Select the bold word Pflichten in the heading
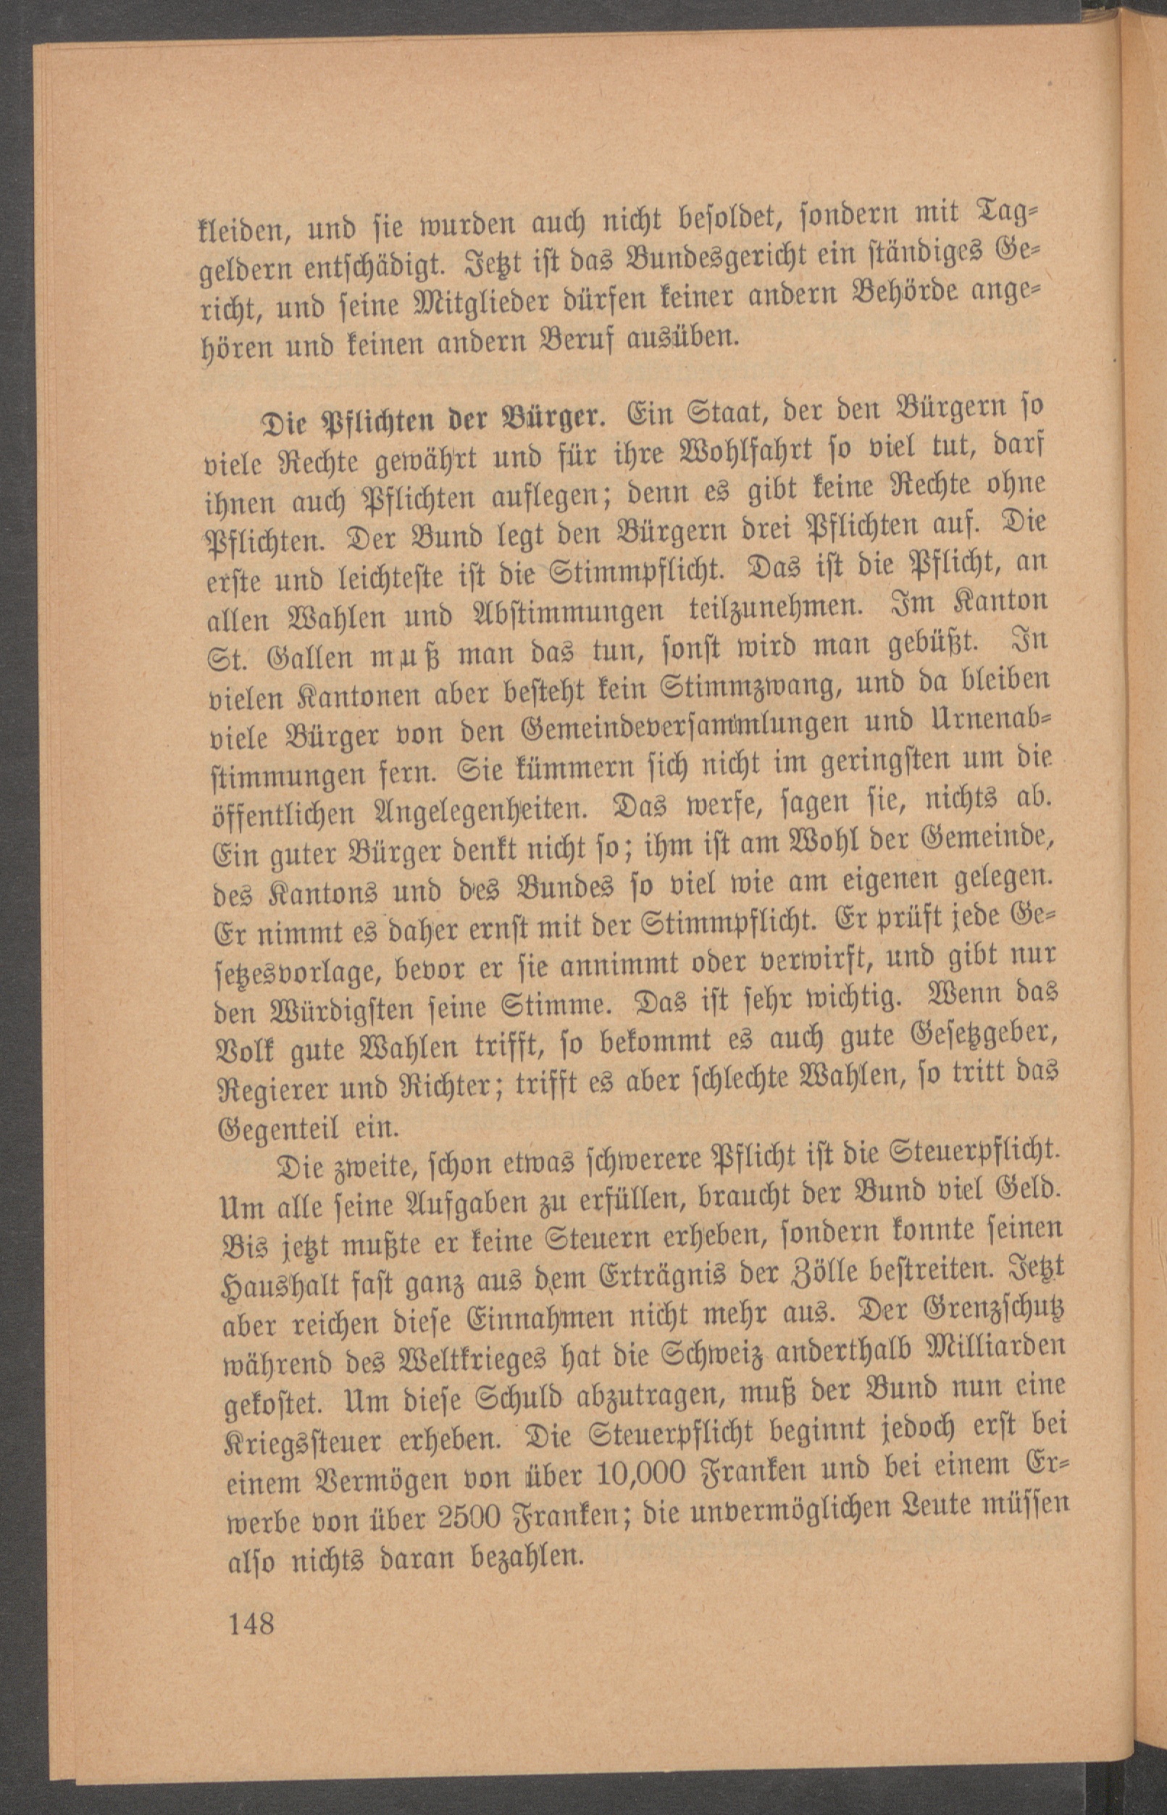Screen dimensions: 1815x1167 coord(333,418)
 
